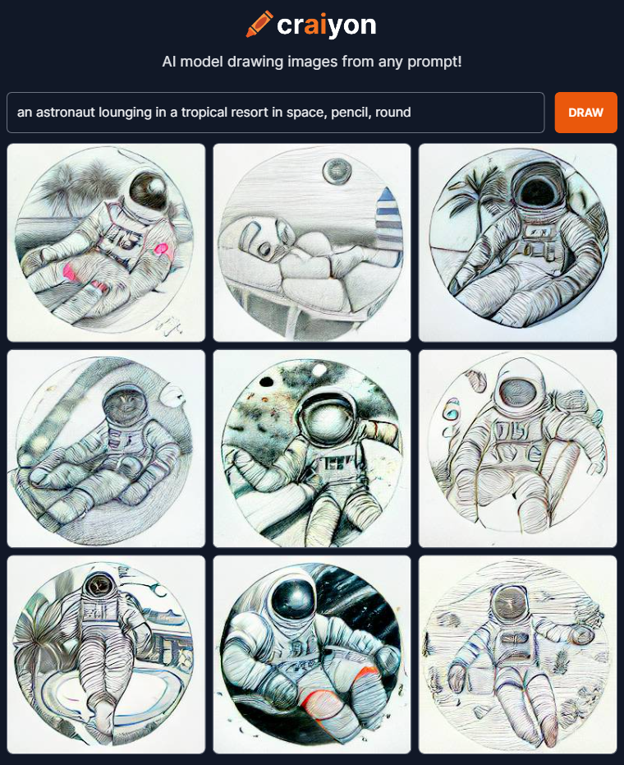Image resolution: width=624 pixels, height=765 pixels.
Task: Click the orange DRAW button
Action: tap(585, 113)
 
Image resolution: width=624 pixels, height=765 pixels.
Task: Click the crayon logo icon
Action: tap(259, 24)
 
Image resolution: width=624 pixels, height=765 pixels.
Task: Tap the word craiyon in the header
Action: tap(326, 25)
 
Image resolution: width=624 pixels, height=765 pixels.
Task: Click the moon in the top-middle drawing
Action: tap(337, 171)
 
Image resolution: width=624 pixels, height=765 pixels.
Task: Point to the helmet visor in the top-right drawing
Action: tap(538, 188)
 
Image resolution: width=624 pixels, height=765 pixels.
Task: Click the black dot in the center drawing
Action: tap(266, 381)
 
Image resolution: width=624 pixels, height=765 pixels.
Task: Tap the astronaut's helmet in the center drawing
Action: tap(328, 417)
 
